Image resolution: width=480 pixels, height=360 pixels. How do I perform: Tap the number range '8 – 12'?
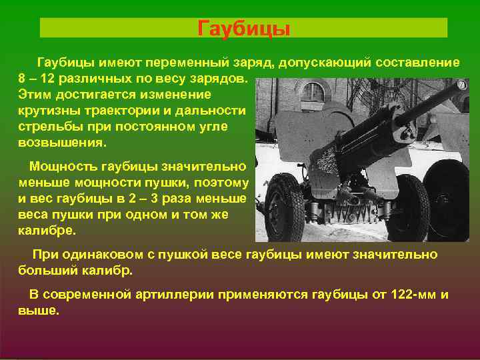coord(38,78)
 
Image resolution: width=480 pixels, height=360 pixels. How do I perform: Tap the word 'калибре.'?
coord(47,231)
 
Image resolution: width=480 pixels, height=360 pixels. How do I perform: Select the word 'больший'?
coord(47,271)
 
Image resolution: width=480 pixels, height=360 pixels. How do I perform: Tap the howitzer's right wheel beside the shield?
coord(407,207)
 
